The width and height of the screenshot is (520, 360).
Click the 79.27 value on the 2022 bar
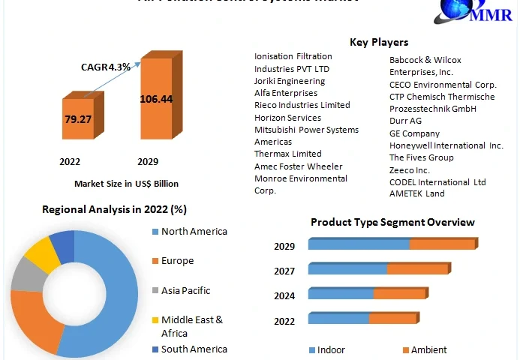(x=77, y=119)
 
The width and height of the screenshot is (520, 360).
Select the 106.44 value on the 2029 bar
(x=156, y=99)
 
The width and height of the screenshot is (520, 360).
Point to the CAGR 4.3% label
(x=106, y=67)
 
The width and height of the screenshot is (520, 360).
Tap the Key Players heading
(x=379, y=42)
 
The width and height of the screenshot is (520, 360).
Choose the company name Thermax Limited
(x=287, y=154)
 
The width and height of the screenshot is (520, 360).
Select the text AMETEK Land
(x=416, y=193)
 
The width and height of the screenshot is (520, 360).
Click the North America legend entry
(x=194, y=232)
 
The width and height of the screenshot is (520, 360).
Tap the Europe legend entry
(x=177, y=261)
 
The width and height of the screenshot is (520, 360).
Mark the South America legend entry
(x=194, y=349)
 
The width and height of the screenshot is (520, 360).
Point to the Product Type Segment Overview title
(x=392, y=222)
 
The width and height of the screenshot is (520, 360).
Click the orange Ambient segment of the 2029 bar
(x=442, y=244)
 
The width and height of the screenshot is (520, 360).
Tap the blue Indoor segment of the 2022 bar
(x=338, y=319)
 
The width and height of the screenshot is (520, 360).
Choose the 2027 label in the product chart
(x=284, y=271)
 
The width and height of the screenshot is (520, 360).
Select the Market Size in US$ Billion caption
(x=126, y=184)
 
